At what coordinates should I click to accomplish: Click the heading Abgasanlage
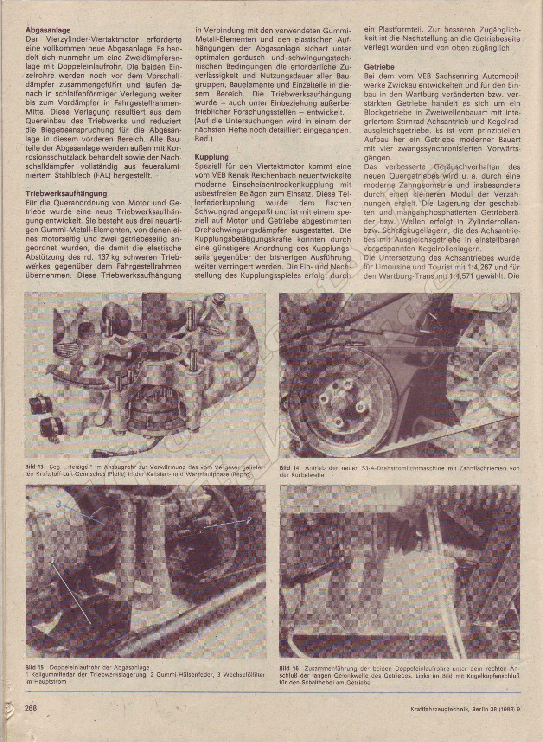click(48, 30)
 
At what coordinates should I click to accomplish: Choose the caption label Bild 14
click(289, 468)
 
